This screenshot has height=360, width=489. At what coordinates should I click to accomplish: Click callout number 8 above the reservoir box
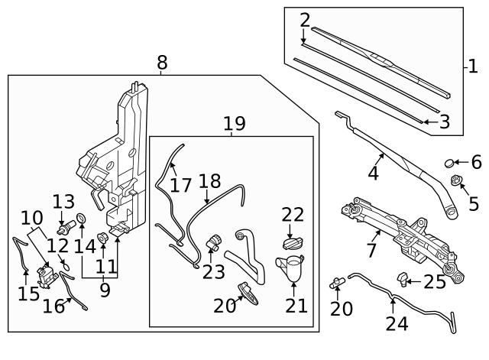click(162, 63)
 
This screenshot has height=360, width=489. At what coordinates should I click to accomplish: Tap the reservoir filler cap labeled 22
click(292, 245)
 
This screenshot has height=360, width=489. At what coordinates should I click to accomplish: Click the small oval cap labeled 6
click(451, 163)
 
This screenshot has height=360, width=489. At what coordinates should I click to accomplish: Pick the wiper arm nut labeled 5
click(456, 182)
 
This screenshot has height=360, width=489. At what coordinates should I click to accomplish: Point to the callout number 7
click(372, 251)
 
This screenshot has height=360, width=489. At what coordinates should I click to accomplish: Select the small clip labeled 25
click(401, 276)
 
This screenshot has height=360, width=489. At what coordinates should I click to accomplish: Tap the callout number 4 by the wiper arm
click(373, 174)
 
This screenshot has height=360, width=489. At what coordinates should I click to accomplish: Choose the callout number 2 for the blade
click(305, 20)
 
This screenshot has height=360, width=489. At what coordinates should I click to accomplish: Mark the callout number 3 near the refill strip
click(444, 122)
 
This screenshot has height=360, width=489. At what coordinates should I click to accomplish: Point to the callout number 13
click(63, 202)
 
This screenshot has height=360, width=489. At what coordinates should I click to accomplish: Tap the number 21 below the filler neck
click(296, 306)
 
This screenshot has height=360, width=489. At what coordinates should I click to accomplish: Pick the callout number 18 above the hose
click(209, 182)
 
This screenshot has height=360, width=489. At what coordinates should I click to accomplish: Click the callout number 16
click(53, 307)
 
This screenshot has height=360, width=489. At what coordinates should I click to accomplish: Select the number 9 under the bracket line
click(104, 290)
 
